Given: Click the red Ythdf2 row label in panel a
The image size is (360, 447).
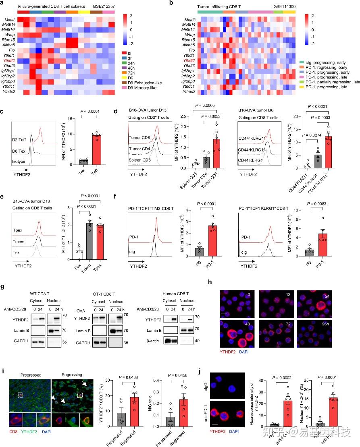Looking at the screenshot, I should coord(8,60).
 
